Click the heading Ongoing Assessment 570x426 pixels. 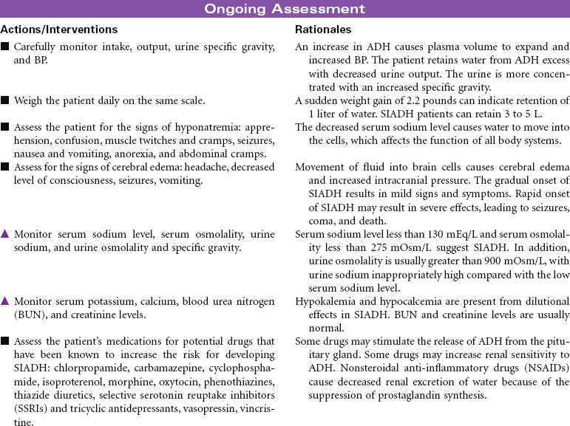pos(285,9)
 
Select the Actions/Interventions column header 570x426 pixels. pos(59,30)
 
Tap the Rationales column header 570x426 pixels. pos(323,30)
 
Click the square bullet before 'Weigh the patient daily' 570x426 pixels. pos(5,100)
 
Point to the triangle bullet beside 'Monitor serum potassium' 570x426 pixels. pos(5,301)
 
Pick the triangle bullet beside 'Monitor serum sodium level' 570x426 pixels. pos(5,234)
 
